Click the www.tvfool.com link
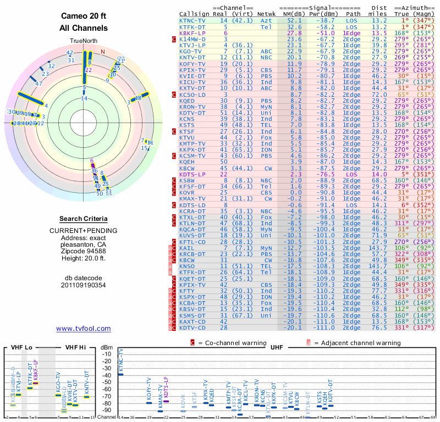point(84,329)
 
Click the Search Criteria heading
point(84,219)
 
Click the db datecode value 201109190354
point(84,285)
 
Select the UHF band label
point(278,348)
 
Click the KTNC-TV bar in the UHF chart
point(121,374)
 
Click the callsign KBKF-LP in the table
point(192,33)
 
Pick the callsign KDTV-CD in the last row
point(192,327)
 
